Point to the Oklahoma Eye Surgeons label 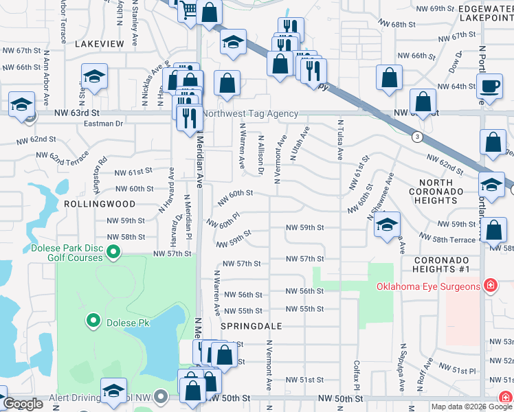tap(426, 286)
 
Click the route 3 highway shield tap(417, 137)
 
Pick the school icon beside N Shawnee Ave tap(388, 225)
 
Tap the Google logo tap(23, 404)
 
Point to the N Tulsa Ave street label tap(339, 140)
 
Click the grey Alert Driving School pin tap(161, 396)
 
